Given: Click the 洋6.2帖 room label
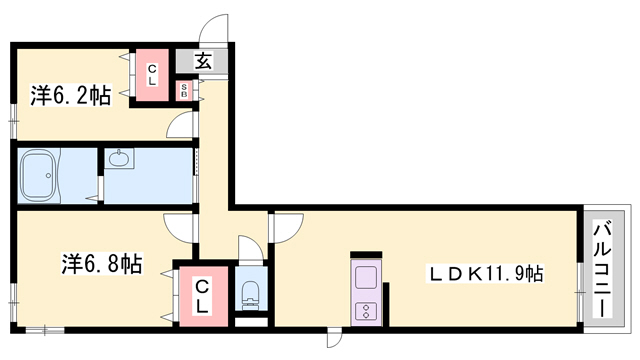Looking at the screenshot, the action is click(71, 96).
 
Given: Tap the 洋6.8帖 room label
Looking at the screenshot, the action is click(102, 263).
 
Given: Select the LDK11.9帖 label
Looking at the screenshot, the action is click(485, 273).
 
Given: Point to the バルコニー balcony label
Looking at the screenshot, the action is click(604, 269).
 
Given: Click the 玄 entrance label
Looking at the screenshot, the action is click(203, 61).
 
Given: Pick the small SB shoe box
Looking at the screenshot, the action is click(184, 91).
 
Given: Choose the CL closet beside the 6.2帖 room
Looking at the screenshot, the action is click(152, 75).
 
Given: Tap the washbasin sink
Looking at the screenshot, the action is click(119, 158).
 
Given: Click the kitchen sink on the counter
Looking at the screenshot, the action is click(366, 278).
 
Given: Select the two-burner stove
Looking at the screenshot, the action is click(366, 311).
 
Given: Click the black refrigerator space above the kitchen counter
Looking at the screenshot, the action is click(366, 255).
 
